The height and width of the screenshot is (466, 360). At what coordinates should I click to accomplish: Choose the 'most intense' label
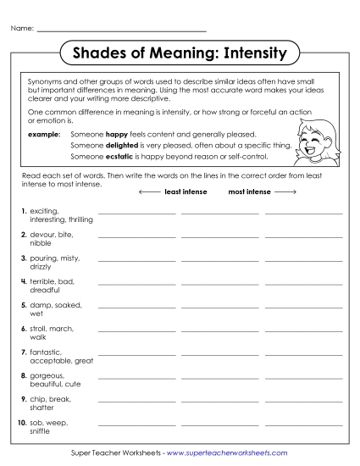pyautogui.click(x=249, y=192)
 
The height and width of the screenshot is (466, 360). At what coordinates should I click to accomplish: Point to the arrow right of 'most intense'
pyautogui.click(x=285, y=192)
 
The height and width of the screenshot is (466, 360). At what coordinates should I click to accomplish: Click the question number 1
pyautogui.click(x=23, y=210)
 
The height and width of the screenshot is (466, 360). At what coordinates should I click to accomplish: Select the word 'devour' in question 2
pyautogui.click(x=42, y=234)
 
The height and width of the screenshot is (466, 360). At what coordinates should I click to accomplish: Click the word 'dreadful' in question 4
pyautogui.click(x=44, y=289)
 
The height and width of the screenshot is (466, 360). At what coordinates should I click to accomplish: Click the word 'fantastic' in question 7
pyautogui.click(x=45, y=351)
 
